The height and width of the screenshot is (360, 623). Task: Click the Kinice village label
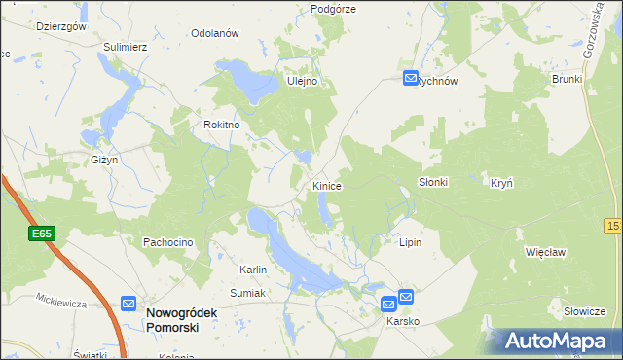(326, 185)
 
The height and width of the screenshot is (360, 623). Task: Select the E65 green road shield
(42, 234)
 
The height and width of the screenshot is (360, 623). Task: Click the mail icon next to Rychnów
(412, 79)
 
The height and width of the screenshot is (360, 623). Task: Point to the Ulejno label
(303, 82)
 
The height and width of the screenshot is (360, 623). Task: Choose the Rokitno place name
(221, 125)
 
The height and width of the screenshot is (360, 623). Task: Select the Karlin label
(253, 270)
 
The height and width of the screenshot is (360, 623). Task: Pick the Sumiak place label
(247, 292)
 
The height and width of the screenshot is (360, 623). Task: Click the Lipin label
(411, 241)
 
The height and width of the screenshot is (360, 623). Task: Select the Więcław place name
(545, 251)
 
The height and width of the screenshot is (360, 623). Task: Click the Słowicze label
(585, 311)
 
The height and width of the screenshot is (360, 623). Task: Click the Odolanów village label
(215, 33)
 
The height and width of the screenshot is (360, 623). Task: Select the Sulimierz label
(126, 46)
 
